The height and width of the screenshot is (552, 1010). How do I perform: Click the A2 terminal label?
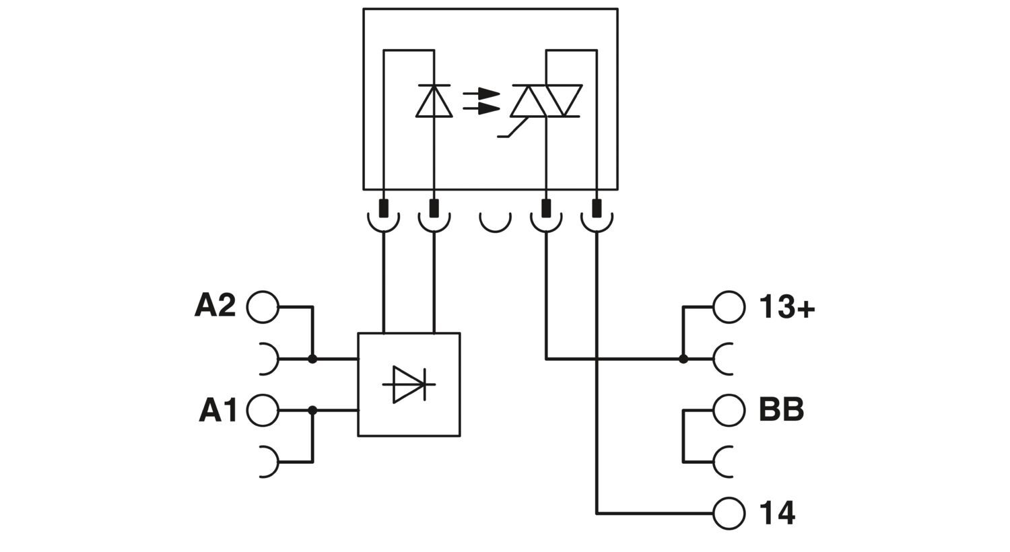pos(215,306)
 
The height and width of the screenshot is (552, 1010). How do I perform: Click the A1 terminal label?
pos(217,410)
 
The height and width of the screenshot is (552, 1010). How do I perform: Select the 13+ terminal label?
pos(786,307)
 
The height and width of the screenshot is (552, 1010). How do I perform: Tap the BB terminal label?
pos(781,409)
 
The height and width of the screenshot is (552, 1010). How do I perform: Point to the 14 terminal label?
pos(777,514)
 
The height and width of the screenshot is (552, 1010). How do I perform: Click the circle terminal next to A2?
pos(263,307)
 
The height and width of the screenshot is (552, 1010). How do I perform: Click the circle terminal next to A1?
pos(263,410)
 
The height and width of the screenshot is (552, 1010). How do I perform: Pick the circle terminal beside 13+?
pos(729,307)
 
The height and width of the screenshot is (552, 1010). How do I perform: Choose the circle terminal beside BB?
pos(729,410)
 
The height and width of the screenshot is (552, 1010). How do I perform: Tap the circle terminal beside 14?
pos(729,514)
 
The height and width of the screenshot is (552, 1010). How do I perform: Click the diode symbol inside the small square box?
pos(409,384)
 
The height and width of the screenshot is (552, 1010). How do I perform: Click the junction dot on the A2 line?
pos(312,359)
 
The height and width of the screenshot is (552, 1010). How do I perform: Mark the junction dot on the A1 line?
pos(312,410)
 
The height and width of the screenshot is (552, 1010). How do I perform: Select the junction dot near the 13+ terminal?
pos(683,359)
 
